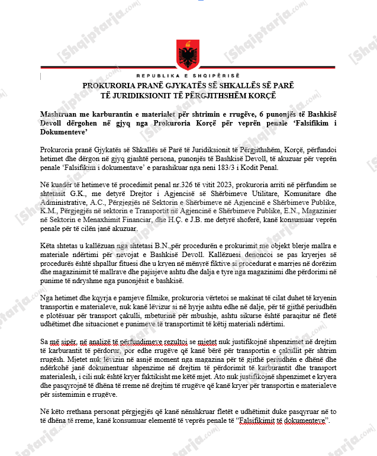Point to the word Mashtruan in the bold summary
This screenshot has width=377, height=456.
60,113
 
